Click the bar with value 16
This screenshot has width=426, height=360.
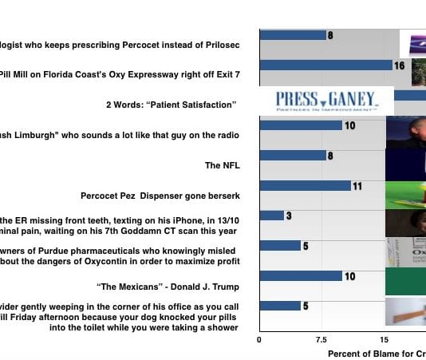tap(325, 65)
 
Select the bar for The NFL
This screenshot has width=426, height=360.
tap(292, 156)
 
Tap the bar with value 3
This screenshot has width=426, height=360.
tap(271, 216)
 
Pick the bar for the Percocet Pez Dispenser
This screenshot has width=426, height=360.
tap(305, 185)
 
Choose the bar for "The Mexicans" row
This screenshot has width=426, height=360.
tap(301, 276)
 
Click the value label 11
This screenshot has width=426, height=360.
tap(357, 186)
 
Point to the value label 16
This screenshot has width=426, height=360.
tap(400, 65)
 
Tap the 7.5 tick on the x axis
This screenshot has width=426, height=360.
tap(321, 338)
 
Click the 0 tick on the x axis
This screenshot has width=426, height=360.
tap(258, 338)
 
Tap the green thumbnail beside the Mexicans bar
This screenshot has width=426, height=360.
tap(405, 281)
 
